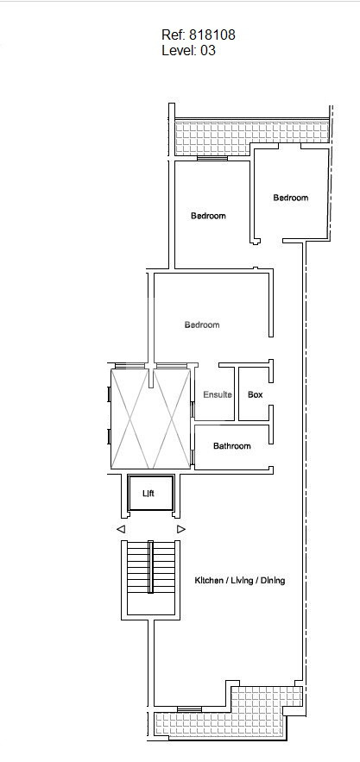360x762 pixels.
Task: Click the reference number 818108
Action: tap(212, 35)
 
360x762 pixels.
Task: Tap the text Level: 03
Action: tap(188, 50)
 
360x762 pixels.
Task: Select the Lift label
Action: tap(148, 494)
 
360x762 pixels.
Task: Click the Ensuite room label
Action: tap(218, 394)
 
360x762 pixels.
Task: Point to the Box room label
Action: tap(256, 394)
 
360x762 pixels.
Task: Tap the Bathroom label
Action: tap(232, 445)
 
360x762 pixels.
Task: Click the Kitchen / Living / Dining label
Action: tap(240, 580)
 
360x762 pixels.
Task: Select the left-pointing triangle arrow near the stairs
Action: tap(121, 529)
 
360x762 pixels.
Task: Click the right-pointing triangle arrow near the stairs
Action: tap(181, 529)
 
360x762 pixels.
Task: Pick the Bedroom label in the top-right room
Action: tap(290, 198)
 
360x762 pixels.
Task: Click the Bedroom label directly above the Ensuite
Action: tap(202, 324)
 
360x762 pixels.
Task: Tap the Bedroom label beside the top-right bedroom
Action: tap(208, 215)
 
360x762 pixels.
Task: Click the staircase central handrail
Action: tap(150, 567)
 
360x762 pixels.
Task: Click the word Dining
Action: tap(273, 580)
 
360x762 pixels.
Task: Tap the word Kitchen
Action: tap(208, 580)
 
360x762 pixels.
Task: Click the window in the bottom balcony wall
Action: tap(189, 709)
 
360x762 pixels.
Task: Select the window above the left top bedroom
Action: tap(212, 158)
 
